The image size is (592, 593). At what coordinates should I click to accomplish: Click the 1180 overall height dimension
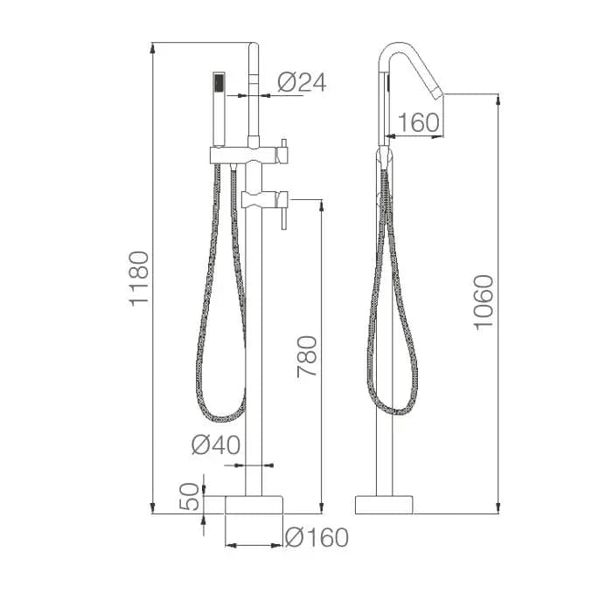coord(139,279)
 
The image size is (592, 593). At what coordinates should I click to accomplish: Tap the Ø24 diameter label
coord(302,82)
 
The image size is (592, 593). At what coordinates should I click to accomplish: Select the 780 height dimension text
coord(306,356)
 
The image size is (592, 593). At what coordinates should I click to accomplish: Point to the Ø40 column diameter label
coord(216,445)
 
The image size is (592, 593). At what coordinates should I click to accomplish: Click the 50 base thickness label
coord(189,497)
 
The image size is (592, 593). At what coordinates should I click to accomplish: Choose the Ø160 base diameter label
coord(317,537)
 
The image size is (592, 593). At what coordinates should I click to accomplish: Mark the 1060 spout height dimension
coord(484,302)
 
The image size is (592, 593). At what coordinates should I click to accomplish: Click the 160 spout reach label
coord(419,122)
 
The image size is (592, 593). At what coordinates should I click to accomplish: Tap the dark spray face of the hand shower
coord(219,83)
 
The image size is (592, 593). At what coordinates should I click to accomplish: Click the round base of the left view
coord(254,505)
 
